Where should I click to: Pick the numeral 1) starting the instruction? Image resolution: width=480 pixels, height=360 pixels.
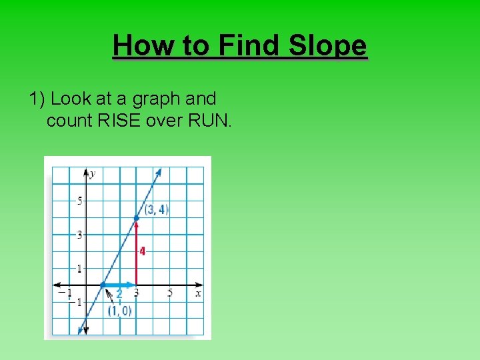click(37, 99)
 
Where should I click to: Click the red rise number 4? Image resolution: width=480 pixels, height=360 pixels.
click(142, 251)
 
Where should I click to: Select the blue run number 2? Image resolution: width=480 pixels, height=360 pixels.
click(119, 293)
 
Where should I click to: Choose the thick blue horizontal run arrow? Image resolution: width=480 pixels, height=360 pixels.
click(120, 285)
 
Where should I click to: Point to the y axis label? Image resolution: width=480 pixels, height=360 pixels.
click(93, 173)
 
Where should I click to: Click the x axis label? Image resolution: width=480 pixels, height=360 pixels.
click(198, 293)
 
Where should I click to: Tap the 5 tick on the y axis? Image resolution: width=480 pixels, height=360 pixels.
click(79, 201)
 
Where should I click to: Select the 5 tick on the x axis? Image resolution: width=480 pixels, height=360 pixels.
click(170, 293)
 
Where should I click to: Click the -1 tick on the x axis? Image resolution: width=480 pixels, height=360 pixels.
click(65, 293)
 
